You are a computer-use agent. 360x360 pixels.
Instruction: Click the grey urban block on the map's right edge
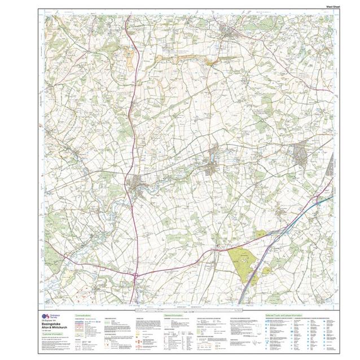[x=299, y=154]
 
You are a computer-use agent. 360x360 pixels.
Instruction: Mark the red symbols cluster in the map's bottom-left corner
[x=62, y=293]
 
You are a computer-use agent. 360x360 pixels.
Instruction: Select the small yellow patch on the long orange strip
[x=211, y=63]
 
